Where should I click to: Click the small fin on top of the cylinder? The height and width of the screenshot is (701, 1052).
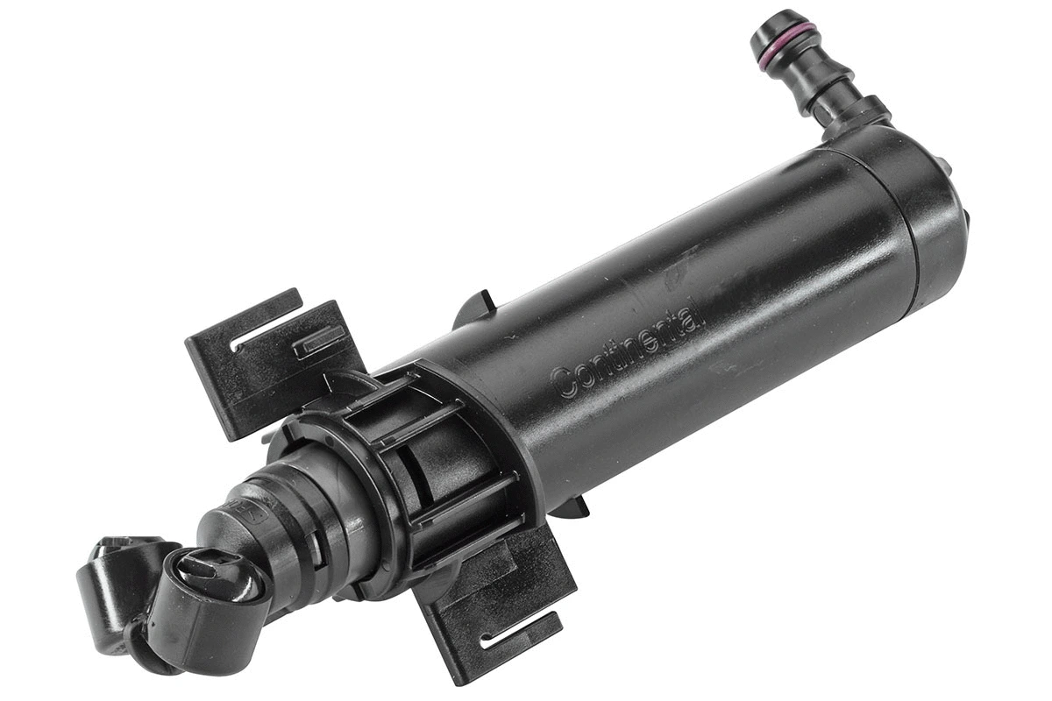(x=477, y=307)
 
